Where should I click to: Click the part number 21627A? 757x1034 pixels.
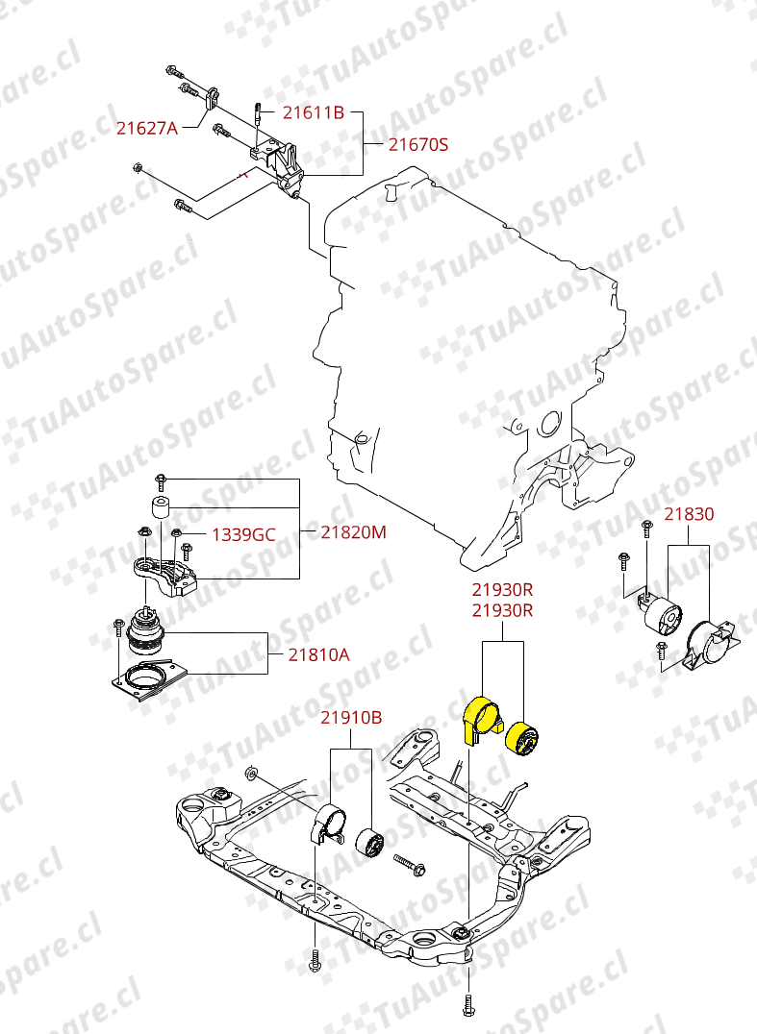tap(147, 128)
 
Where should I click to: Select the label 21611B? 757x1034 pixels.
tap(314, 112)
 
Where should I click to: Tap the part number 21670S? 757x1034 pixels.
tap(418, 144)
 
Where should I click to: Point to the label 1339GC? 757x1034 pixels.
tap(243, 535)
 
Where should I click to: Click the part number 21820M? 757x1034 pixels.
tap(354, 532)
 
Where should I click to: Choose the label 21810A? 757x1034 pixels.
tap(319, 654)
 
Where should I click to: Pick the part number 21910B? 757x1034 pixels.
tap(351, 718)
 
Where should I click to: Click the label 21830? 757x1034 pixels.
tap(689, 514)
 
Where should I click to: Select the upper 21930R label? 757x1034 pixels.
tap(502, 589)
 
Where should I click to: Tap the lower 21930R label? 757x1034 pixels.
tap(502, 610)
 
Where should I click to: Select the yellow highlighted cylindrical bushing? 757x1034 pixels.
tap(522, 740)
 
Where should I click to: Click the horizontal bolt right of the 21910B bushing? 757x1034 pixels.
tap(409, 865)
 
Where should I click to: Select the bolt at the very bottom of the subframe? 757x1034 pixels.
tap(468, 1004)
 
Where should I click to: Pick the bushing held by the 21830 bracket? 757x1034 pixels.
tap(659, 615)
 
